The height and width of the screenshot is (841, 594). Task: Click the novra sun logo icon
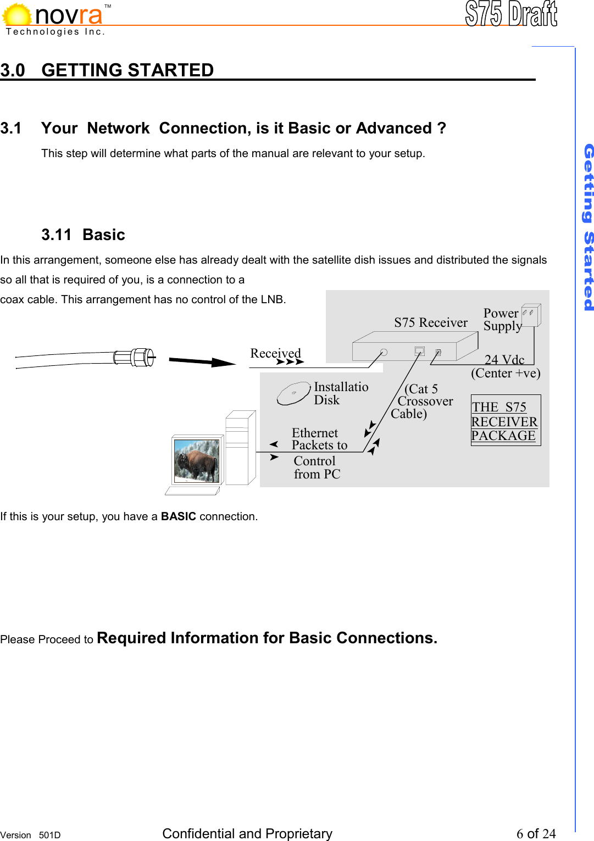pos(17,15)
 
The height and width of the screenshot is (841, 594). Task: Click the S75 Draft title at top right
pos(510,14)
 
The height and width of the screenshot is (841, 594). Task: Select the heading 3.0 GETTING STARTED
pos(107,70)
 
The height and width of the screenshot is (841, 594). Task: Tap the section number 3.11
pos(56,235)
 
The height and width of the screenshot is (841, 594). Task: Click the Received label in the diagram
pos(275,353)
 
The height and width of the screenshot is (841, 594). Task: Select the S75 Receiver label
pos(430,322)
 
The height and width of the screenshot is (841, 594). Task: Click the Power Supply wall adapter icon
pos(531,315)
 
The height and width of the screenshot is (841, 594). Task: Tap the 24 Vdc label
pos(504,360)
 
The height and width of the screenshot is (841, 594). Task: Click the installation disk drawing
pos(293,393)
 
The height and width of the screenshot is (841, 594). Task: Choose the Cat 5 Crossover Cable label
pos(423,401)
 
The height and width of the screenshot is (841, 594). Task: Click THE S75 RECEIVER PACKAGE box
pos(505,421)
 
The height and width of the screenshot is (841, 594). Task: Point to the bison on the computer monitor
pos(196,460)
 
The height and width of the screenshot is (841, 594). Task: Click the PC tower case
pos(240,448)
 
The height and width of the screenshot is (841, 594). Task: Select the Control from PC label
pos(317,467)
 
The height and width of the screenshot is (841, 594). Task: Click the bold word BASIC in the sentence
pos(178,516)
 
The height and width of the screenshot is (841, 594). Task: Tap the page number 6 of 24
pos(536,833)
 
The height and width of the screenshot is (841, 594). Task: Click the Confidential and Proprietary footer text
pos(247,833)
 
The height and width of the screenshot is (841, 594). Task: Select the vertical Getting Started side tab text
pos(588,227)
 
